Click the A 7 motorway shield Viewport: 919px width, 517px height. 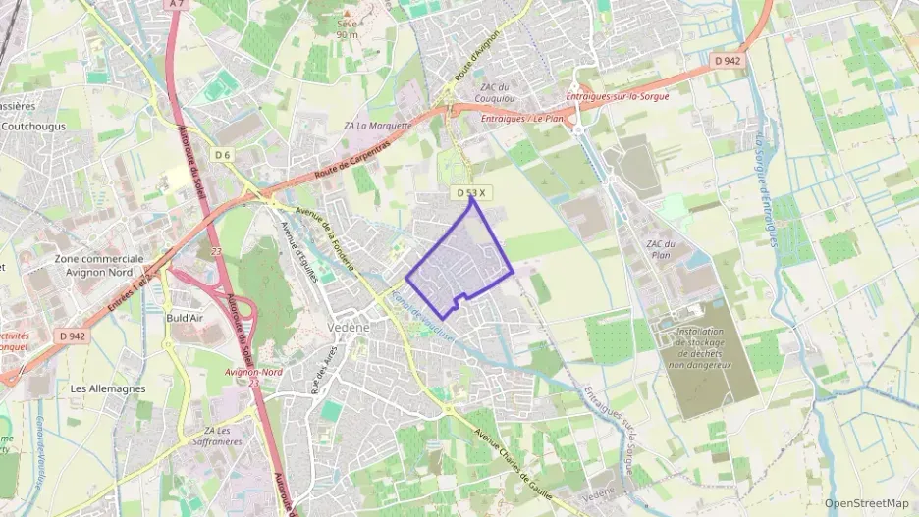(x=176, y=4)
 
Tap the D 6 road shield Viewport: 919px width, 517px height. (x=222, y=155)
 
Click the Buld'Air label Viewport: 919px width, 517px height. (x=185, y=318)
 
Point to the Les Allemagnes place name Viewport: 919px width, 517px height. (x=108, y=388)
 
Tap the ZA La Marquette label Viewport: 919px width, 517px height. (x=377, y=126)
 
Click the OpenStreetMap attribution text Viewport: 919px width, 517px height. (x=867, y=503)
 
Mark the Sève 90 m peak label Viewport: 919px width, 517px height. (x=347, y=28)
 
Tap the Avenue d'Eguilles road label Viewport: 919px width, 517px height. (x=300, y=251)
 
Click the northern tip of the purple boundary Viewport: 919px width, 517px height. (x=474, y=199)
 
